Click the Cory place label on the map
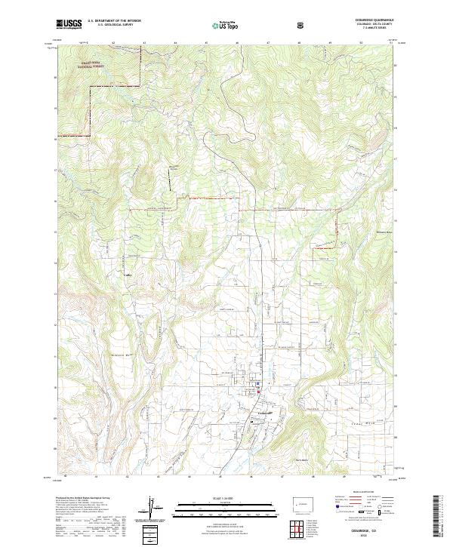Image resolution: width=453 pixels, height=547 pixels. point(128,275)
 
